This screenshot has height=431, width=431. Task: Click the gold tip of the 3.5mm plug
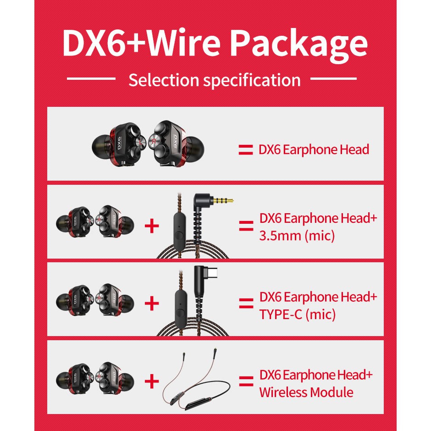(227, 201)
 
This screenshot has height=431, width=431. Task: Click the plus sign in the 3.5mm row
(152, 226)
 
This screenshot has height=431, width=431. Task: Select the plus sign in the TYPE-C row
(152, 304)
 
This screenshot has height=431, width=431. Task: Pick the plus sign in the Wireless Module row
(152, 381)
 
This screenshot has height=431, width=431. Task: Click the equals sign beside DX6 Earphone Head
(246, 149)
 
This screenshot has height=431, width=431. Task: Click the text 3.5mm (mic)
(297, 236)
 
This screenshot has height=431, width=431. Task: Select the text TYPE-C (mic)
(297, 315)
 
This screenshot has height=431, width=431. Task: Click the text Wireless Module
(306, 392)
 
